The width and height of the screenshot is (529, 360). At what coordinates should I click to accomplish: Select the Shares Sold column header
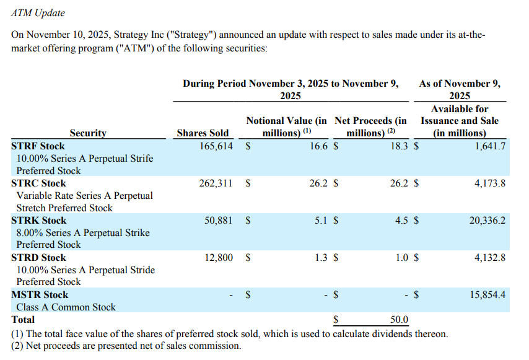pos(203,133)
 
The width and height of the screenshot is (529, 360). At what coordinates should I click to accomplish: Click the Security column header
pos(87,133)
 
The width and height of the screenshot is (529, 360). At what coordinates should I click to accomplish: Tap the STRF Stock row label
pos(38,146)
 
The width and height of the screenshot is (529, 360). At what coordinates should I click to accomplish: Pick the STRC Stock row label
pos(38,183)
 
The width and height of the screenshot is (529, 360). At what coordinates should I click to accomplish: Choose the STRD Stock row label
pos(38,258)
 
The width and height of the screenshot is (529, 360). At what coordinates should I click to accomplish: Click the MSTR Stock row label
pos(40,295)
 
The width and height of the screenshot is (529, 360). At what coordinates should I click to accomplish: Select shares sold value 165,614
pos(212,146)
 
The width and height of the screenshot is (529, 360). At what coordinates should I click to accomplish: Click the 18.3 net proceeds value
pos(399,146)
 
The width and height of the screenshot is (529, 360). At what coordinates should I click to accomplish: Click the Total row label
pos(23,320)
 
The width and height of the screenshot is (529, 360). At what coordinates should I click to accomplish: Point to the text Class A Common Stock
pos(66,307)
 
